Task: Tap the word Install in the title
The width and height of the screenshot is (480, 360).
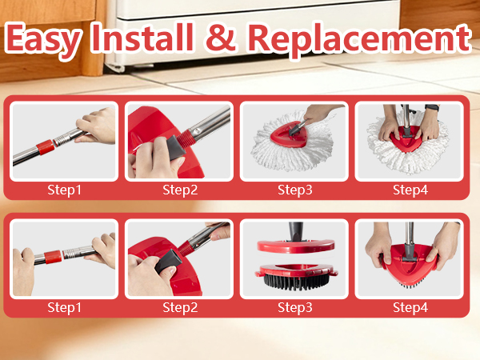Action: click(x=142, y=37)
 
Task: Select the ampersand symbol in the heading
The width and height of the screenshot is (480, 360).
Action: click(x=221, y=38)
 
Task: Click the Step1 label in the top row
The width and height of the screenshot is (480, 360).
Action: click(x=64, y=190)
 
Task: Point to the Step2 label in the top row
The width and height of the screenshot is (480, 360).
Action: click(x=180, y=190)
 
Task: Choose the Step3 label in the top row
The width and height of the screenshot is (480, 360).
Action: click(x=294, y=190)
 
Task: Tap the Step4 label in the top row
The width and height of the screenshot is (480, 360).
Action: click(x=410, y=190)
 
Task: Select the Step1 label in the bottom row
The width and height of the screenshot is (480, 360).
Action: click(x=64, y=308)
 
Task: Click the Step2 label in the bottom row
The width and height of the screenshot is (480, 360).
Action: click(x=180, y=308)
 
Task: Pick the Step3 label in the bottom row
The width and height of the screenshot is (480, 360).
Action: click(x=294, y=308)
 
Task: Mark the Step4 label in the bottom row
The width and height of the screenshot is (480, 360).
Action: click(x=410, y=308)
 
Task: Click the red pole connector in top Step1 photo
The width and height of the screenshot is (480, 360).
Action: click(x=46, y=147)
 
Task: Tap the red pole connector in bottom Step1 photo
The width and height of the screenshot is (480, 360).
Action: click(x=53, y=257)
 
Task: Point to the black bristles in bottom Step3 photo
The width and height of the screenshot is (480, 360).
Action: click(x=294, y=282)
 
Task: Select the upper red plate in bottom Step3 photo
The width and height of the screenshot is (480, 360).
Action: click(x=295, y=246)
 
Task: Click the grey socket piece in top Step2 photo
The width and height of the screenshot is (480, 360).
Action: click(x=175, y=148)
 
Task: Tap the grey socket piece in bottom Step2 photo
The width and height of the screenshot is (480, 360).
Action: click(x=169, y=261)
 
